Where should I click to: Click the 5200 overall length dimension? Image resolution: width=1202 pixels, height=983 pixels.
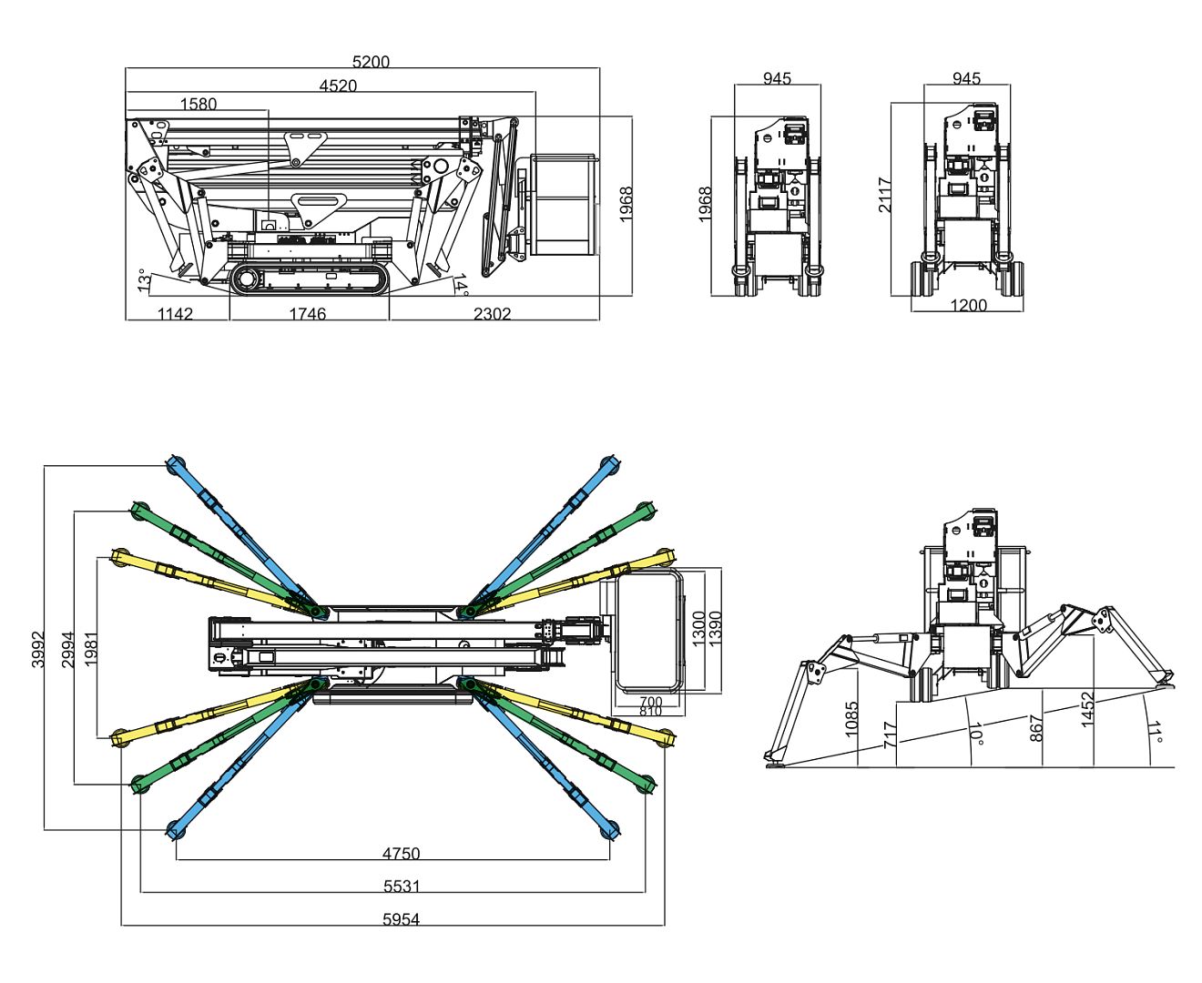[x=371, y=62]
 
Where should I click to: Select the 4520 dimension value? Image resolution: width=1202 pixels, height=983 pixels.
[x=338, y=86]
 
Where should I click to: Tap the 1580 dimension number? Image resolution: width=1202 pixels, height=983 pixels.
[x=199, y=104]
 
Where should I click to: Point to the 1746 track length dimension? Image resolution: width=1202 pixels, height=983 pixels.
[x=308, y=314]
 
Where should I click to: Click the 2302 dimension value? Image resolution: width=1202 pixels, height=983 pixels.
[x=493, y=314]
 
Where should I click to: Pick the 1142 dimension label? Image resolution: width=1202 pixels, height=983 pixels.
[x=176, y=314]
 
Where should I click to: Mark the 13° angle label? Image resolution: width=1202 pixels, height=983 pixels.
[x=143, y=280]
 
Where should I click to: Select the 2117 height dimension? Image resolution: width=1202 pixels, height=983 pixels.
[x=885, y=196]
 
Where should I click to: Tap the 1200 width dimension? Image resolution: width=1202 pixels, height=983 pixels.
[x=969, y=305]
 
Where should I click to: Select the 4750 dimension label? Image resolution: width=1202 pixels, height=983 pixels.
[x=402, y=854]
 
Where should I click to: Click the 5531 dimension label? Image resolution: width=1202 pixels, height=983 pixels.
[x=402, y=887]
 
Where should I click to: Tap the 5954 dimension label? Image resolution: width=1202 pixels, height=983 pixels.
[x=402, y=919]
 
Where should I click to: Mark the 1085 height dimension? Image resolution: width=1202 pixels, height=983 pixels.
[x=851, y=719]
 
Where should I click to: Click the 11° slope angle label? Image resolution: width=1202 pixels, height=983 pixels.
[x=1156, y=734]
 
